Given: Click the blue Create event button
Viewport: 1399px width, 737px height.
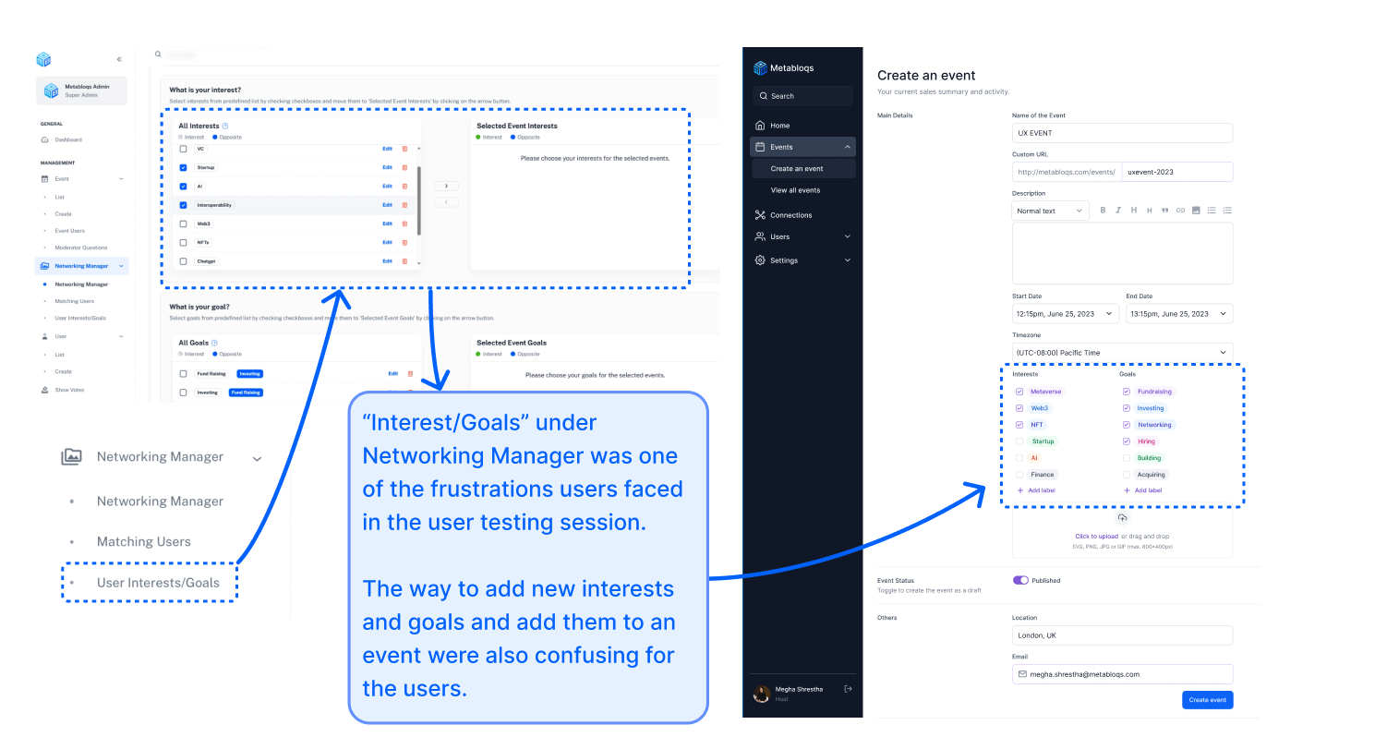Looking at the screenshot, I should pos(1207,700).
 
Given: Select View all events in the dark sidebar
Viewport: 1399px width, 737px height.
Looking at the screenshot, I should pos(795,190).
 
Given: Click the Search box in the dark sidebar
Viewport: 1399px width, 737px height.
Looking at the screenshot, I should pos(802,96).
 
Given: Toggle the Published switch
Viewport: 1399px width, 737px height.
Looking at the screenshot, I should pos(1020,580).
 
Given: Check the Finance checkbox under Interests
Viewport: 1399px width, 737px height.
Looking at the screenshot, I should pos(1019,475).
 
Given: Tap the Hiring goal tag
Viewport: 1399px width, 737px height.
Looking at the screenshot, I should pos(1146,441).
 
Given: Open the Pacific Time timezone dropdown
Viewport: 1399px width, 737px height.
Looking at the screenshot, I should pos(1122,353).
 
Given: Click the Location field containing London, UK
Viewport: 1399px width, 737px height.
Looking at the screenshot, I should pos(1122,635).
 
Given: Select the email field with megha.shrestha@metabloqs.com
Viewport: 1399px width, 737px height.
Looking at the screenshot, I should pos(1122,674).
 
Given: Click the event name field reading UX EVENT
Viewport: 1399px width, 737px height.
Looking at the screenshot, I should pos(1122,133).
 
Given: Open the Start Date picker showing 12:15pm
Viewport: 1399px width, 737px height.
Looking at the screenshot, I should pos(1065,314).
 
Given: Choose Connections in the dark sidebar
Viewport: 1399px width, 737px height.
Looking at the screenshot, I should pos(790,215).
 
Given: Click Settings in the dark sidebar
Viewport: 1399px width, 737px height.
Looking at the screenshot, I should pos(783,260).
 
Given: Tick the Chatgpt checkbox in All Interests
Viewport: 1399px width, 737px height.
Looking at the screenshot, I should pos(183,261).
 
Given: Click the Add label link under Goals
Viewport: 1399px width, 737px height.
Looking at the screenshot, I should pos(1148,490).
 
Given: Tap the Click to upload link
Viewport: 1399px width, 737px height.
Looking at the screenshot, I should pos(1096,536).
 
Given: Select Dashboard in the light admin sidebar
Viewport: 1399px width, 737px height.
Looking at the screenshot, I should pos(67,140).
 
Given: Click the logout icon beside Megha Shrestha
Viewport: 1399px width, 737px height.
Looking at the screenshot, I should pos(848,689).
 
